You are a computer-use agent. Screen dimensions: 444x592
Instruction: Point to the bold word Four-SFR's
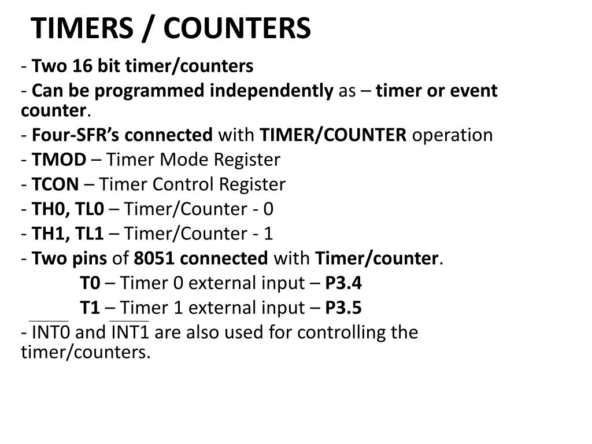[x=76, y=135]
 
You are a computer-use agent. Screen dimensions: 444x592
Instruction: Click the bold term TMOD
[x=58, y=160]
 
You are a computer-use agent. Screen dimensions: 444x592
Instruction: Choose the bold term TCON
[x=55, y=184]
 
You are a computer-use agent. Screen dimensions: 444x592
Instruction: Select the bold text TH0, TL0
[x=68, y=209]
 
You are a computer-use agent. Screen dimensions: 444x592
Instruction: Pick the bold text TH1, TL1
[x=68, y=234]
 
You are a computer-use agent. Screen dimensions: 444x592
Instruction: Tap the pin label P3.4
[x=343, y=283]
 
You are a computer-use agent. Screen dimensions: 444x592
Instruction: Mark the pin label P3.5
[x=343, y=308]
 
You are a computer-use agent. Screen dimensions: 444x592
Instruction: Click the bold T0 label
[x=90, y=283]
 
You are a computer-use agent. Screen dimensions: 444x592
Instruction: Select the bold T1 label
[x=90, y=308]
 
